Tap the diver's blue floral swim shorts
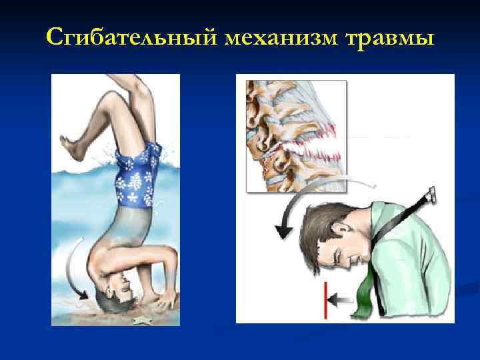[x=137, y=177]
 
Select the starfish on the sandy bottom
[x=141, y=320]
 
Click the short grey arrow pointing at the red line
[x=342, y=301]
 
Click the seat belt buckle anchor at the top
[x=430, y=195]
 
